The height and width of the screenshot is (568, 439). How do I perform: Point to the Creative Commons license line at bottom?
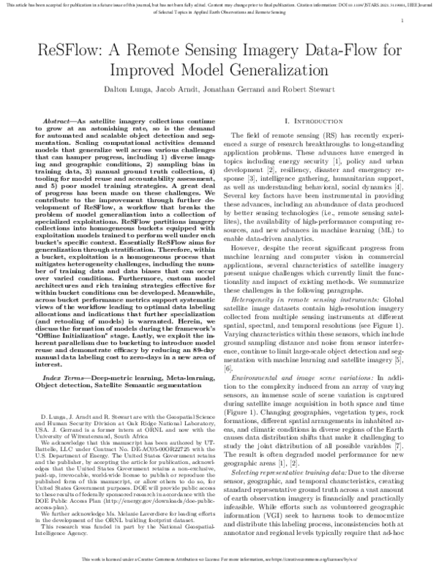point(219,558)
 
